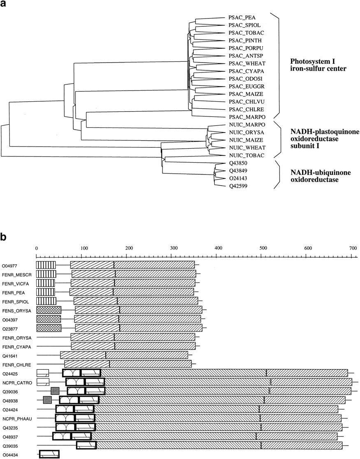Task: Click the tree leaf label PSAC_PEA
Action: (x=242, y=18)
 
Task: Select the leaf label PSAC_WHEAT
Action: (x=247, y=63)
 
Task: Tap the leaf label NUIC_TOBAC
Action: (x=247, y=156)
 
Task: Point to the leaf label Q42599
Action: (x=239, y=186)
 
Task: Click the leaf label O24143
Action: (x=239, y=178)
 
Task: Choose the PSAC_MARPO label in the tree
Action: (x=247, y=117)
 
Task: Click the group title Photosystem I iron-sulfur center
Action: (x=318, y=65)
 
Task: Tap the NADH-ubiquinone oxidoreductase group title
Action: (x=320, y=176)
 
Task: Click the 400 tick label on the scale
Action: (x=218, y=248)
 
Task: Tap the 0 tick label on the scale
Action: (x=36, y=249)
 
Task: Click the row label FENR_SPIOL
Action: (x=15, y=302)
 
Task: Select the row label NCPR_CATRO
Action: (x=17, y=383)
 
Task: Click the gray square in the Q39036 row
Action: (x=55, y=391)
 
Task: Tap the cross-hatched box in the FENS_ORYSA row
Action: (x=49, y=310)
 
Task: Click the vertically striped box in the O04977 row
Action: (x=46, y=265)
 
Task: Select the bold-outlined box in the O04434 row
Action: (x=49, y=454)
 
